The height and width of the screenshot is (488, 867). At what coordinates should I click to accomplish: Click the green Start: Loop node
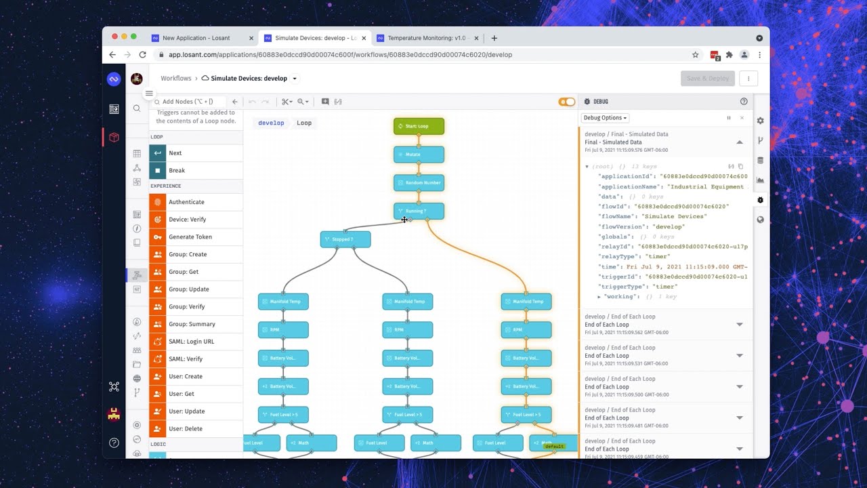[x=419, y=126]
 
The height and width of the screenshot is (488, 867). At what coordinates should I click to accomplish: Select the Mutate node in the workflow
[x=419, y=155]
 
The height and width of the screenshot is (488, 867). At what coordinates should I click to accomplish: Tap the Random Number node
[x=419, y=183]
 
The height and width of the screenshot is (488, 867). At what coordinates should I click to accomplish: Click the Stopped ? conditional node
[x=345, y=239]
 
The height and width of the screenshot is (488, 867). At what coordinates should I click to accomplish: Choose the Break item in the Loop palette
[x=177, y=171]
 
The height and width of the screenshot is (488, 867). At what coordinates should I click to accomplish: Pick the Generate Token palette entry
[x=190, y=237]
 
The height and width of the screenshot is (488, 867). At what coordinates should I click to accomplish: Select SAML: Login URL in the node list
[x=191, y=342]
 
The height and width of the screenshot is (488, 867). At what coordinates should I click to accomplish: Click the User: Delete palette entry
[x=185, y=429]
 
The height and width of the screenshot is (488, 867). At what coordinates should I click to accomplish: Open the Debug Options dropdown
[x=605, y=118]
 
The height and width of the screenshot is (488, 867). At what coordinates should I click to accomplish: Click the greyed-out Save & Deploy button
[x=707, y=79]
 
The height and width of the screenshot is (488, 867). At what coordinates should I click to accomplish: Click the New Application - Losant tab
[x=196, y=38]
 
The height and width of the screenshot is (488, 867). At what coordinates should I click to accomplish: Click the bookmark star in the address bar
[x=695, y=55]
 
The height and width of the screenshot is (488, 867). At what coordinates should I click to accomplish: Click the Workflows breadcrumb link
[x=175, y=79]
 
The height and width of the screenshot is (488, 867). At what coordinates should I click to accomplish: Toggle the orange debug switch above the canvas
[x=566, y=102]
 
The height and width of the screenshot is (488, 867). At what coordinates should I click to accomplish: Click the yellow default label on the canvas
[x=554, y=446]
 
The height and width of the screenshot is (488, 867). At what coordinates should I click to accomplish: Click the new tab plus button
[x=494, y=38]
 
